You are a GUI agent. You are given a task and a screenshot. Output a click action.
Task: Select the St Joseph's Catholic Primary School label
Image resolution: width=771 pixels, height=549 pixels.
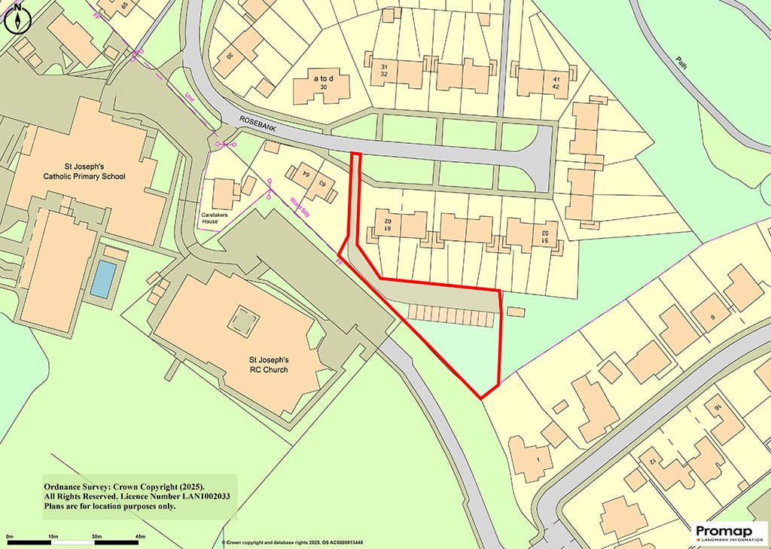[84, 171]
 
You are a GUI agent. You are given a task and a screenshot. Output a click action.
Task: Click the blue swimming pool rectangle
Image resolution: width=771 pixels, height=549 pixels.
[104, 278]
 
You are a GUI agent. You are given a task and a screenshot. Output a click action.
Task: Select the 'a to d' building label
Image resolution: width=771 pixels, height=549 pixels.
[324, 78]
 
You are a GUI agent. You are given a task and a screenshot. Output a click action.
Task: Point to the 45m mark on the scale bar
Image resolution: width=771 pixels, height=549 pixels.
[140, 536]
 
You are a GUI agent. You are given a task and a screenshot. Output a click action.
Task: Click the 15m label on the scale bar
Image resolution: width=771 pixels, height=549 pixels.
[53, 536]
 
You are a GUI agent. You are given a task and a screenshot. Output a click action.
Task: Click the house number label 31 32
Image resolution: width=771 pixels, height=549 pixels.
[384, 70]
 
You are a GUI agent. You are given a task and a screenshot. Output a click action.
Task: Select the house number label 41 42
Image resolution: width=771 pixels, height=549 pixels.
[557, 83]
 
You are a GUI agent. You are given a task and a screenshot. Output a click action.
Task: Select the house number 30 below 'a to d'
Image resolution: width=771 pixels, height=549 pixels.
[324, 88]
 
